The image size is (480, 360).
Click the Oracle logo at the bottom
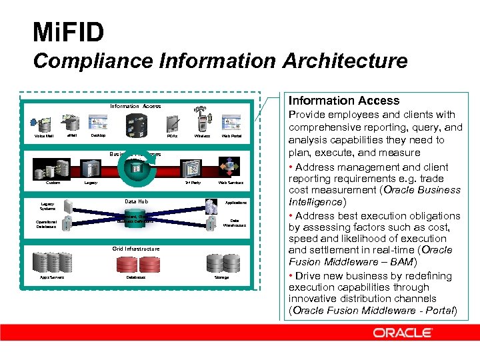402,333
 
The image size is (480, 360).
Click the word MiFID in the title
68,31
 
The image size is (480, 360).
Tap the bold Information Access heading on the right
343,101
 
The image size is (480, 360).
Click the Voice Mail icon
45,123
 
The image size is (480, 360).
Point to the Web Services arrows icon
230,167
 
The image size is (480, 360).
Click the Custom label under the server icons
53,183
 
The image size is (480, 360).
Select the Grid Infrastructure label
136,249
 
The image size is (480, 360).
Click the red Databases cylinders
136,264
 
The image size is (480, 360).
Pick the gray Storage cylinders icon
221,263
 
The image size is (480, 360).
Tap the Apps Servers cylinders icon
52,263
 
